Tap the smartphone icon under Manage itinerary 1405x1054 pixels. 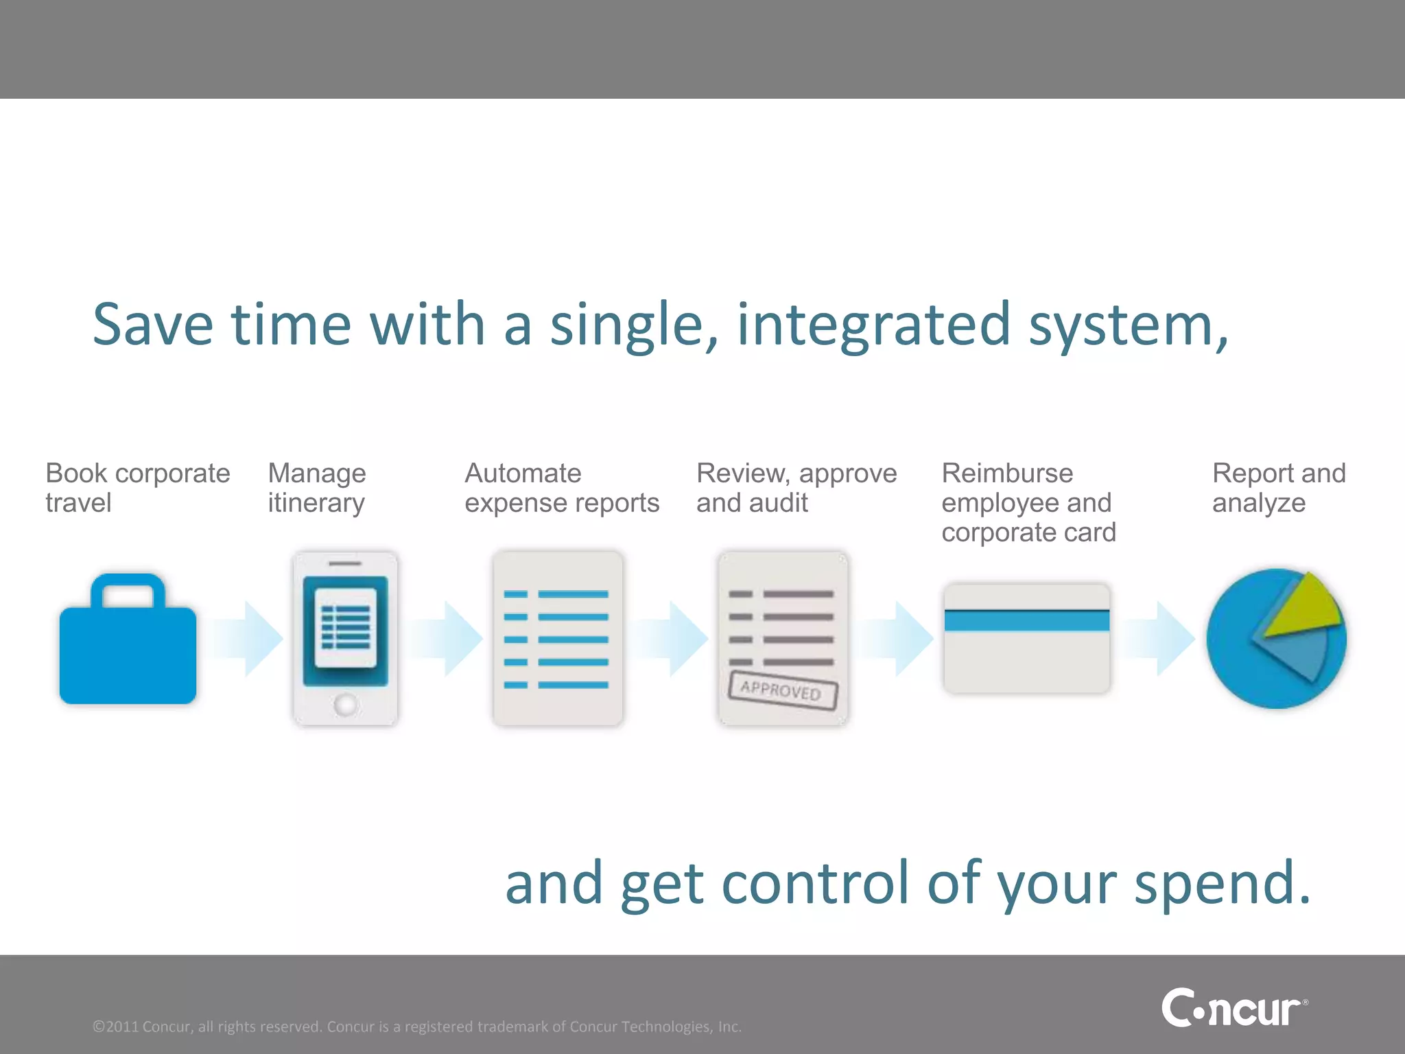[x=345, y=638]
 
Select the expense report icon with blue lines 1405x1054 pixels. [x=557, y=638]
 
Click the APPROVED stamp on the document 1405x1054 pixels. [x=783, y=690]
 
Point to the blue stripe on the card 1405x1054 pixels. [x=1026, y=620]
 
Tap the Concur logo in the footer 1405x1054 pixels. [x=1233, y=1008]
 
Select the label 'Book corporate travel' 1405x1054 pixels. [x=137, y=487]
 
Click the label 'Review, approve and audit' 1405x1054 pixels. [x=796, y=487]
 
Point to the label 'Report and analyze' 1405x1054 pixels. [x=1278, y=487]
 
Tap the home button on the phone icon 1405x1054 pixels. [x=345, y=704]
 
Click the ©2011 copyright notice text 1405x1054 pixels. [x=416, y=1027]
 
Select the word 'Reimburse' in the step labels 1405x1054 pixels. [x=1007, y=473]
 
